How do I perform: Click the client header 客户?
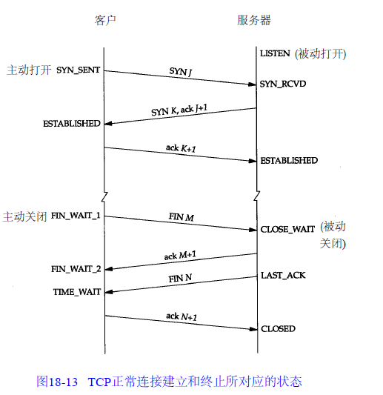tap(105, 20)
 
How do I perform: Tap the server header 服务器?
tap(254, 20)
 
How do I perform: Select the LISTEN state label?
tap(275, 53)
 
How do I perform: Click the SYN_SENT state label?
tap(78, 70)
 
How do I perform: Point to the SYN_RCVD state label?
tap(283, 84)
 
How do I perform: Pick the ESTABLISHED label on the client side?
tap(72, 124)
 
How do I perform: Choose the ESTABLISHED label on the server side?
tap(289, 161)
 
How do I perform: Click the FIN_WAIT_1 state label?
tap(76, 216)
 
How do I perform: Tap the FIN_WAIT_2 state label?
tap(76, 269)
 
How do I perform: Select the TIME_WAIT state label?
tap(77, 292)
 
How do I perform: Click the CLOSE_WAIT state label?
tap(287, 229)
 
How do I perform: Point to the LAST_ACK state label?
tap(283, 276)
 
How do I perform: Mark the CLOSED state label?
tap(279, 329)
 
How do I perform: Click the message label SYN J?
tap(181, 72)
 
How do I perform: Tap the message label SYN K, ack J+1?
tap(179, 110)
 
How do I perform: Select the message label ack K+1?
tap(181, 148)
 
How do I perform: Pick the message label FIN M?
tap(181, 217)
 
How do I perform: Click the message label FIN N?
tap(180, 279)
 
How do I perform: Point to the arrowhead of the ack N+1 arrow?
tap(256, 329)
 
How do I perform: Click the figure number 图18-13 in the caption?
tap(57, 382)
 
